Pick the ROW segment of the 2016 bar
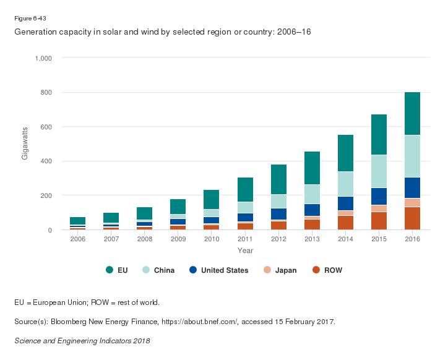pyautogui.click(x=411, y=218)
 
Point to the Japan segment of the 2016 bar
pyautogui.click(x=411, y=202)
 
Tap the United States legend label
pyautogui.click(x=224, y=270)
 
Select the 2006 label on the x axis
pyautogui.click(x=77, y=239)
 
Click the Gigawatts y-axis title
pyautogui.click(x=25, y=144)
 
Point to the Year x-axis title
pyautogui.click(x=244, y=251)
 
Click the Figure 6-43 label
pyautogui.click(x=30, y=19)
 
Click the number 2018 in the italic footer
pyautogui.click(x=140, y=340)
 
